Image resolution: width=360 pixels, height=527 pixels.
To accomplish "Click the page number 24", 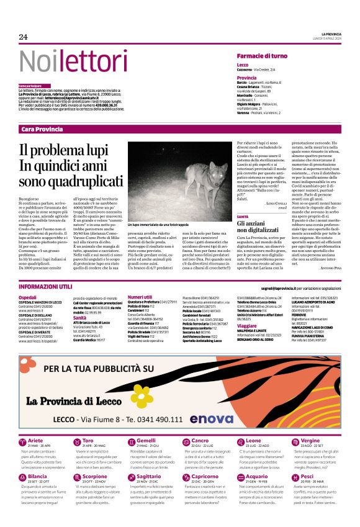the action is coord(24,37).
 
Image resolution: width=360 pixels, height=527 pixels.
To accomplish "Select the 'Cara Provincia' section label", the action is coord(42,129).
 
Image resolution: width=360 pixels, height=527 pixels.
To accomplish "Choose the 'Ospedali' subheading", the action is coord(27,298).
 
